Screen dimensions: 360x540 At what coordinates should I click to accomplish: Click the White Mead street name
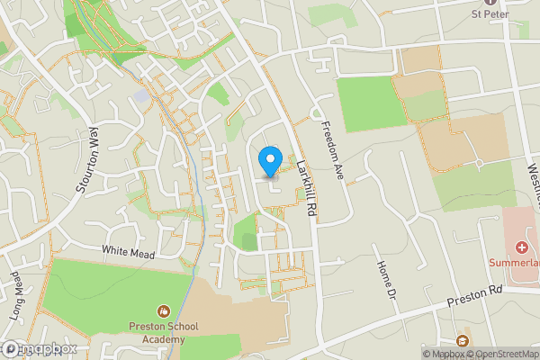(128, 253)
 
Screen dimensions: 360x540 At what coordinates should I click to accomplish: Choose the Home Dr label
(386, 279)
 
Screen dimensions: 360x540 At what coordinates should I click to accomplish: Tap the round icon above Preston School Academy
(163, 310)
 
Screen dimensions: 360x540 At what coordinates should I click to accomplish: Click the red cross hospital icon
(521, 247)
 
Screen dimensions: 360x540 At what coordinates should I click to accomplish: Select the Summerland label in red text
(514, 264)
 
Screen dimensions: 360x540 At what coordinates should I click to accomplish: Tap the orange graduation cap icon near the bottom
(463, 340)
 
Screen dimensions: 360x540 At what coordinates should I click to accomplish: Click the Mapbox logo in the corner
(40, 349)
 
